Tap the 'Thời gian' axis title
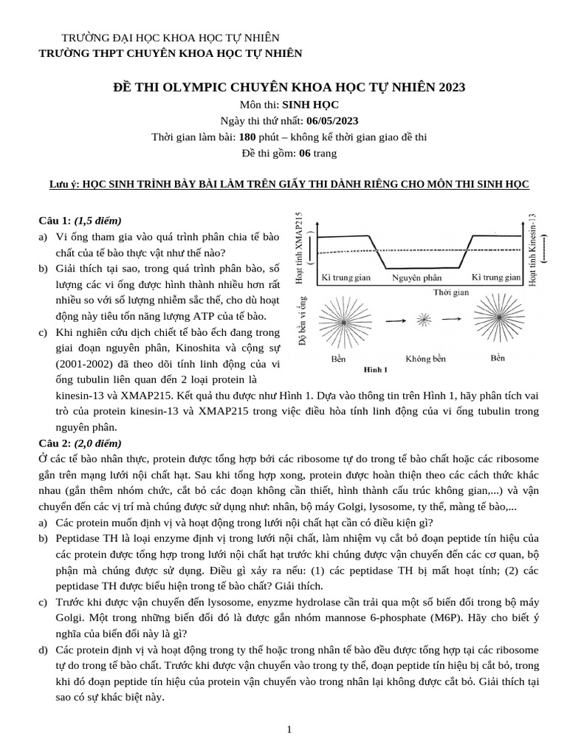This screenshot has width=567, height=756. pyautogui.click(x=451, y=292)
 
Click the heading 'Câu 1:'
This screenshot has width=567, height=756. pyautogui.click(x=55, y=221)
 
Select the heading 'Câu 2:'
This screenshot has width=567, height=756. pyautogui.click(x=55, y=443)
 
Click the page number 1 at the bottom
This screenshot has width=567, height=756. pyautogui.click(x=290, y=729)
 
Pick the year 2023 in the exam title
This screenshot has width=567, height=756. pyautogui.click(x=451, y=87)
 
